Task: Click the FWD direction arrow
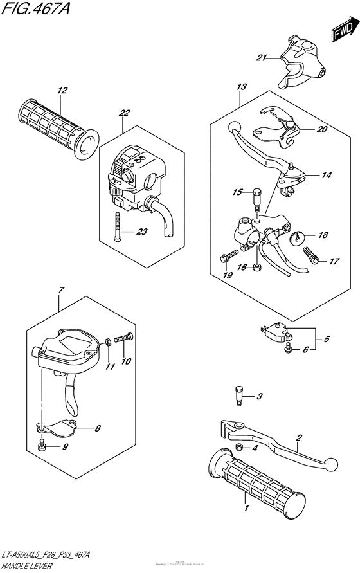[344, 30]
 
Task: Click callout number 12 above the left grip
[61, 91]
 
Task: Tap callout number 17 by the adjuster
[334, 260]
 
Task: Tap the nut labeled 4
[239, 448]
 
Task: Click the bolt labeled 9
[42, 446]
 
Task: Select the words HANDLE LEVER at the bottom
[30, 564]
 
